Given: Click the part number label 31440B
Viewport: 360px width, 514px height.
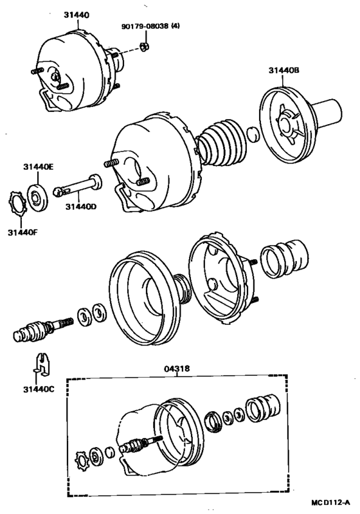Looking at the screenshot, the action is pyautogui.click(x=284, y=70).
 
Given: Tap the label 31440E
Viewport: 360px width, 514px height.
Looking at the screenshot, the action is pyautogui.click(x=39, y=167).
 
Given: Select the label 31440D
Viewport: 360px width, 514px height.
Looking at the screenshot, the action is pyautogui.click(x=81, y=207).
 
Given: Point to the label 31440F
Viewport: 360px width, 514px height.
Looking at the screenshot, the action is pyautogui.click(x=23, y=232).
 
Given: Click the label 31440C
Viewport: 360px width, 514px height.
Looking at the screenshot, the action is pyautogui.click(x=39, y=389).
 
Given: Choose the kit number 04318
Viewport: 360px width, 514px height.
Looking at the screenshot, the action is pyautogui.click(x=177, y=369).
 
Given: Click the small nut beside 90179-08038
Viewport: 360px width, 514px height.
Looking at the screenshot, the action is pyautogui.click(x=144, y=47).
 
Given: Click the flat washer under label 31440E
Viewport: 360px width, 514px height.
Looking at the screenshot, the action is pyautogui.click(x=37, y=198).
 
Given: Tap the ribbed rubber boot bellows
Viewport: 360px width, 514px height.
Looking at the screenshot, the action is pyautogui.click(x=222, y=143).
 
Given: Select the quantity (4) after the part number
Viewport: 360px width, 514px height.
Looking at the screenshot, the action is pyautogui.click(x=175, y=26).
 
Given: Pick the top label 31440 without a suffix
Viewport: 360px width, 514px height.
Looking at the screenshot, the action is pyautogui.click(x=77, y=15).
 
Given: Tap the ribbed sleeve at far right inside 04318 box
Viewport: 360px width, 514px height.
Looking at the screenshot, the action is pyautogui.click(x=263, y=408).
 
